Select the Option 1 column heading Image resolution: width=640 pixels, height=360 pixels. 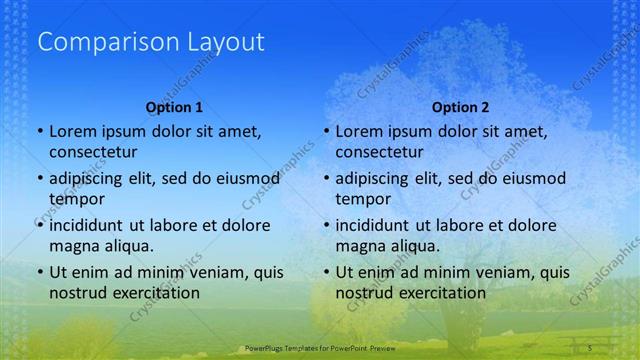coord(174,107)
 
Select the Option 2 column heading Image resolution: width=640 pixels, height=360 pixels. coord(460,107)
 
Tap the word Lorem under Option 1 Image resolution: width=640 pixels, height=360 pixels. coord(74,131)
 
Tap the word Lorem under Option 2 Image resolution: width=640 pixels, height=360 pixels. coord(360,131)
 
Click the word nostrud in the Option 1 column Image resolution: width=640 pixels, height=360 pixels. coord(77,293)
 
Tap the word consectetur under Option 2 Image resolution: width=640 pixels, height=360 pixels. coord(379,152)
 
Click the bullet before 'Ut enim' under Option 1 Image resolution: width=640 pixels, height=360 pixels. coord(39,272)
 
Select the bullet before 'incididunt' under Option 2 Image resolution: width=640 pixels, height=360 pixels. coord(326,225)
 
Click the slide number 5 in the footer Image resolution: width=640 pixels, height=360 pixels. coord(591,347)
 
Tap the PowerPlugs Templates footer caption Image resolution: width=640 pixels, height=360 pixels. coord(316,348)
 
